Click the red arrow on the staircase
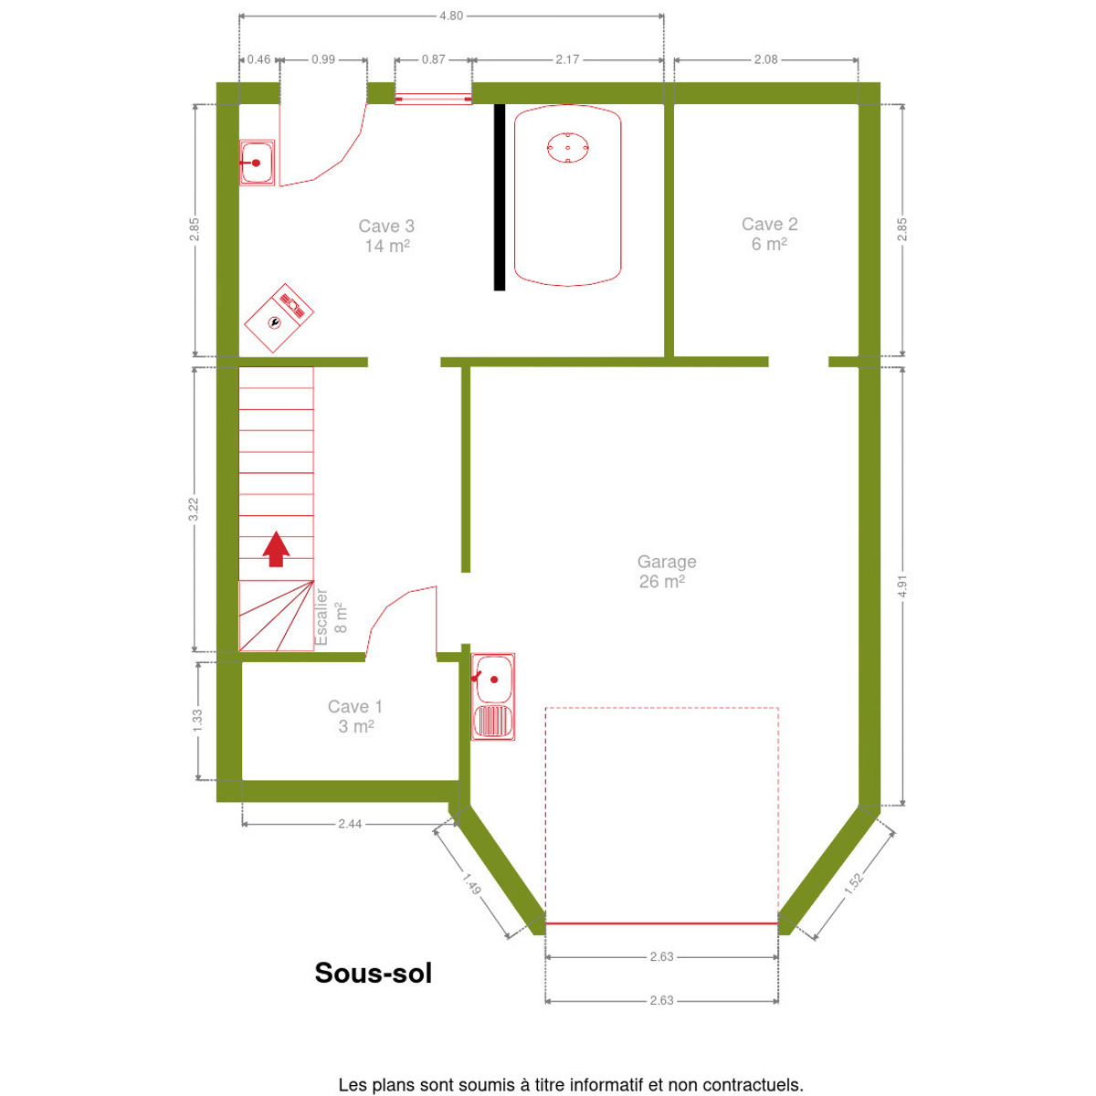point(277,549)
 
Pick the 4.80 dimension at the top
point(451,16)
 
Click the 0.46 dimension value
point(258,59)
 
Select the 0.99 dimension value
point(323,59)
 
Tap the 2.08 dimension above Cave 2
point(765,59)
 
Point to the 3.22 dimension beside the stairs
point(194,509)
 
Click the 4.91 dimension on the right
point(902,586)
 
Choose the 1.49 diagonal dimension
point(471,883)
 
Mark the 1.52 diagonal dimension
point(853,883)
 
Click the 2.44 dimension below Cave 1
point(350,824)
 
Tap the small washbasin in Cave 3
point(257,163)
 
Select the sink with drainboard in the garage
point(493,697)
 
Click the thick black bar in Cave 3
point(500,197)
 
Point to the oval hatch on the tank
point(567,148)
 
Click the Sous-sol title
point(374,973)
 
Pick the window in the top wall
point(434,99)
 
